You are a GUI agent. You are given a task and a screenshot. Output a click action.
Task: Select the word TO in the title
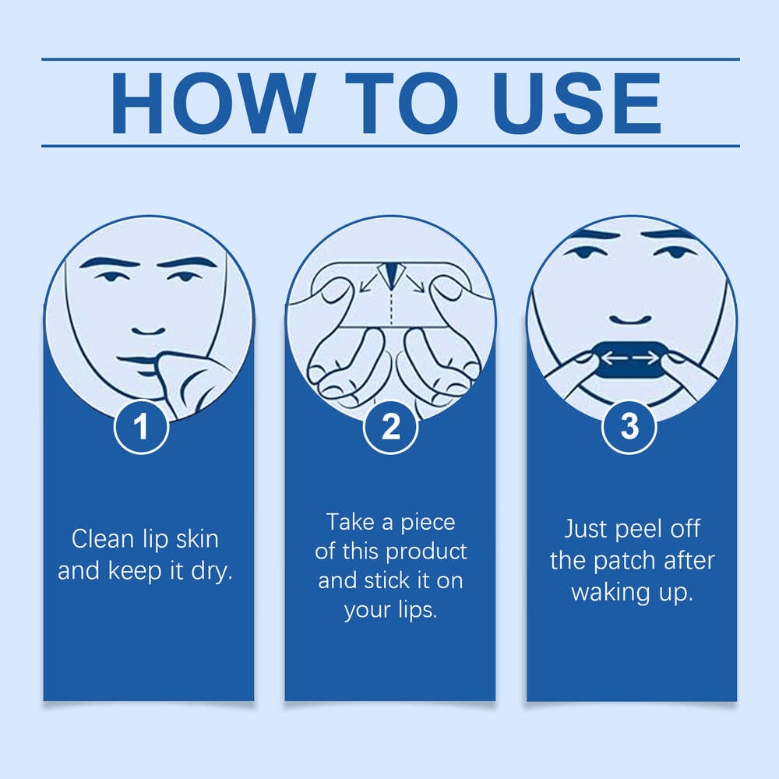click(x=401, y=104)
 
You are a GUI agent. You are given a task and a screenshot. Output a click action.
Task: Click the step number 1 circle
click(x=141, y=427)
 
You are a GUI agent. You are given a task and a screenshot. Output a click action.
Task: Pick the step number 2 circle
click(x=390, y=427)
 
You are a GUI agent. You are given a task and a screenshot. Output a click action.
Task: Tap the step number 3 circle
click(x=629, y=427)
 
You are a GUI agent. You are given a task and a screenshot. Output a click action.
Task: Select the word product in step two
click(x=426, y=552)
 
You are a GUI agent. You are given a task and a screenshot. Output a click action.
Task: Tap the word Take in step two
click(x=350, y=522)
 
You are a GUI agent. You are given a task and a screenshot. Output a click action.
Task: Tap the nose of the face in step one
click(x=148, y=331)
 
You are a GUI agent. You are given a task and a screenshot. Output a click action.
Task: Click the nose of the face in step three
click(x=630, y=320)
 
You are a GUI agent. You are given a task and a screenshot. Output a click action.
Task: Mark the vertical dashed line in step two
click(x=392, y=308)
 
